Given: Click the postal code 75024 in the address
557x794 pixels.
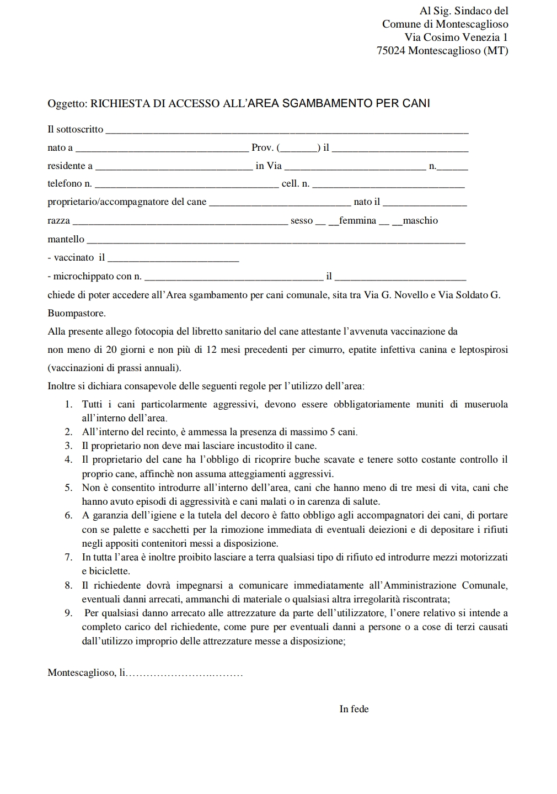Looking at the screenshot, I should click(x=390, y=51).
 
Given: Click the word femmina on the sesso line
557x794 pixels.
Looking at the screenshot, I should click(x=357, y=221).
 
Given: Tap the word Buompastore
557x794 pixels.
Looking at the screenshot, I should click(x=76, y=314).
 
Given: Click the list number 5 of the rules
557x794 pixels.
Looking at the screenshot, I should click(x=68, y=488).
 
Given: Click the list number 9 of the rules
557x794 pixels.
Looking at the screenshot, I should click(x=68, y=613).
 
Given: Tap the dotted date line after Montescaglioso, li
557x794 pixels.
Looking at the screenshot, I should click(x=185, y=674).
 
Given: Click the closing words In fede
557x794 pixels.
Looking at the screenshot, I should click(x=354, y=710).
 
